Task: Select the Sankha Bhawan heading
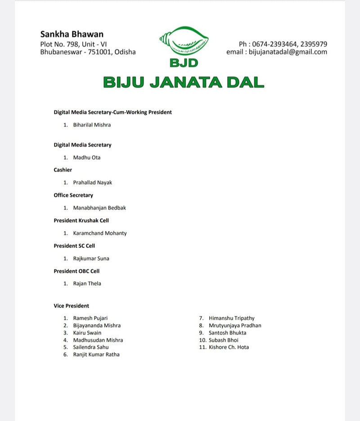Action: click(72, 34)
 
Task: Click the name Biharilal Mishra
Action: click(92, 125)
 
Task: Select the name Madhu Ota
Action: click(87, 157)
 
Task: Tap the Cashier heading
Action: click(63, 170)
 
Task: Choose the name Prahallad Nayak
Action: click(93, 183)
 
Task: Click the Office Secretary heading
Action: click(73, 195)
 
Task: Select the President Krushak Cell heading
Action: click(81, 220)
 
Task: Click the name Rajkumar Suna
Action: click(91, 259)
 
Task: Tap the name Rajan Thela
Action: click(87, 283)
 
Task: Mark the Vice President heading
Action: click(72, 306)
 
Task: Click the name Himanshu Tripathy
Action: click(231, 318)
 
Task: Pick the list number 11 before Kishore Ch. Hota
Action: click(202, 347)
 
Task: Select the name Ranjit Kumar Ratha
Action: click(96, 354)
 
